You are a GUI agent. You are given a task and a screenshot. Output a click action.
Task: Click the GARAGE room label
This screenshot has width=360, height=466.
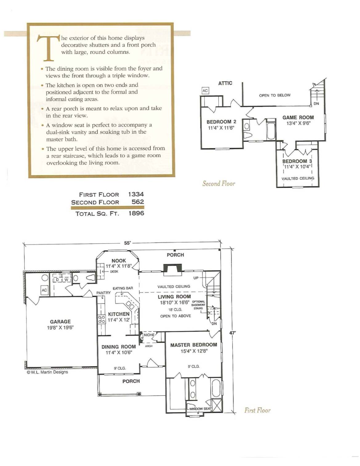(60, 322)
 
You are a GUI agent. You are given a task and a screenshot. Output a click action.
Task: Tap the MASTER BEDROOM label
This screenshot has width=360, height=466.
(194, 345)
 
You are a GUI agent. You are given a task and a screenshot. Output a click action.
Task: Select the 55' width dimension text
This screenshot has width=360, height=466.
(127, 243)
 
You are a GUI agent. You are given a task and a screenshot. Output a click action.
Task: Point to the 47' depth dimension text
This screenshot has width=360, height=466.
(233, 333)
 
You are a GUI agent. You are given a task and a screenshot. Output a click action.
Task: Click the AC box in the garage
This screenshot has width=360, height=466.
(44, 290)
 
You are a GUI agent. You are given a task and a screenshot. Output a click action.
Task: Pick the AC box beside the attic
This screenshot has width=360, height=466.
(205, 91)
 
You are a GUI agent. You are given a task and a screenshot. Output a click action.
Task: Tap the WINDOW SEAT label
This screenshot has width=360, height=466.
(200, 409)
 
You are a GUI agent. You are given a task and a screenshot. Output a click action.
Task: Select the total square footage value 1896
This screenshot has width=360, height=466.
(136, 213)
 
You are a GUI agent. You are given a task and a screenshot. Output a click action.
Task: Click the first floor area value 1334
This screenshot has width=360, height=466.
(136, 194)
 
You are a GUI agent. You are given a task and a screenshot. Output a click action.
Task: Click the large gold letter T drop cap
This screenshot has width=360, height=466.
(48, 48)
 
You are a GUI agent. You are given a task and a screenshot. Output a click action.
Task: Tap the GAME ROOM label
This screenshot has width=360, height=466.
(298, 118)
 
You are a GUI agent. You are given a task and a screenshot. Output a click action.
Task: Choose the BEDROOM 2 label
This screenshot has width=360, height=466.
(221, 122)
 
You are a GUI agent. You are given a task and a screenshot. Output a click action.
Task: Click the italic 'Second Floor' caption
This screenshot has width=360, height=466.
(219, 183)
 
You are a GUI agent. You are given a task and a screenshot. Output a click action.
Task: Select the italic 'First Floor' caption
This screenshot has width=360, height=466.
(257, 410)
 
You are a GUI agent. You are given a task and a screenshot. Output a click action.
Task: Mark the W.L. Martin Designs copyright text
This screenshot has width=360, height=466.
(47, 372)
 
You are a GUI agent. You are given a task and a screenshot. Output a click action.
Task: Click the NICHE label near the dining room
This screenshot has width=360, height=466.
(149, 335)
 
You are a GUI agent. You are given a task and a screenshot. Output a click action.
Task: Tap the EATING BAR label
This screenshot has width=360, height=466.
(123, 288)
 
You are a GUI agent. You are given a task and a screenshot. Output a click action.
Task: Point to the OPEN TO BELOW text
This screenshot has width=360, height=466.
(275, 95)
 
